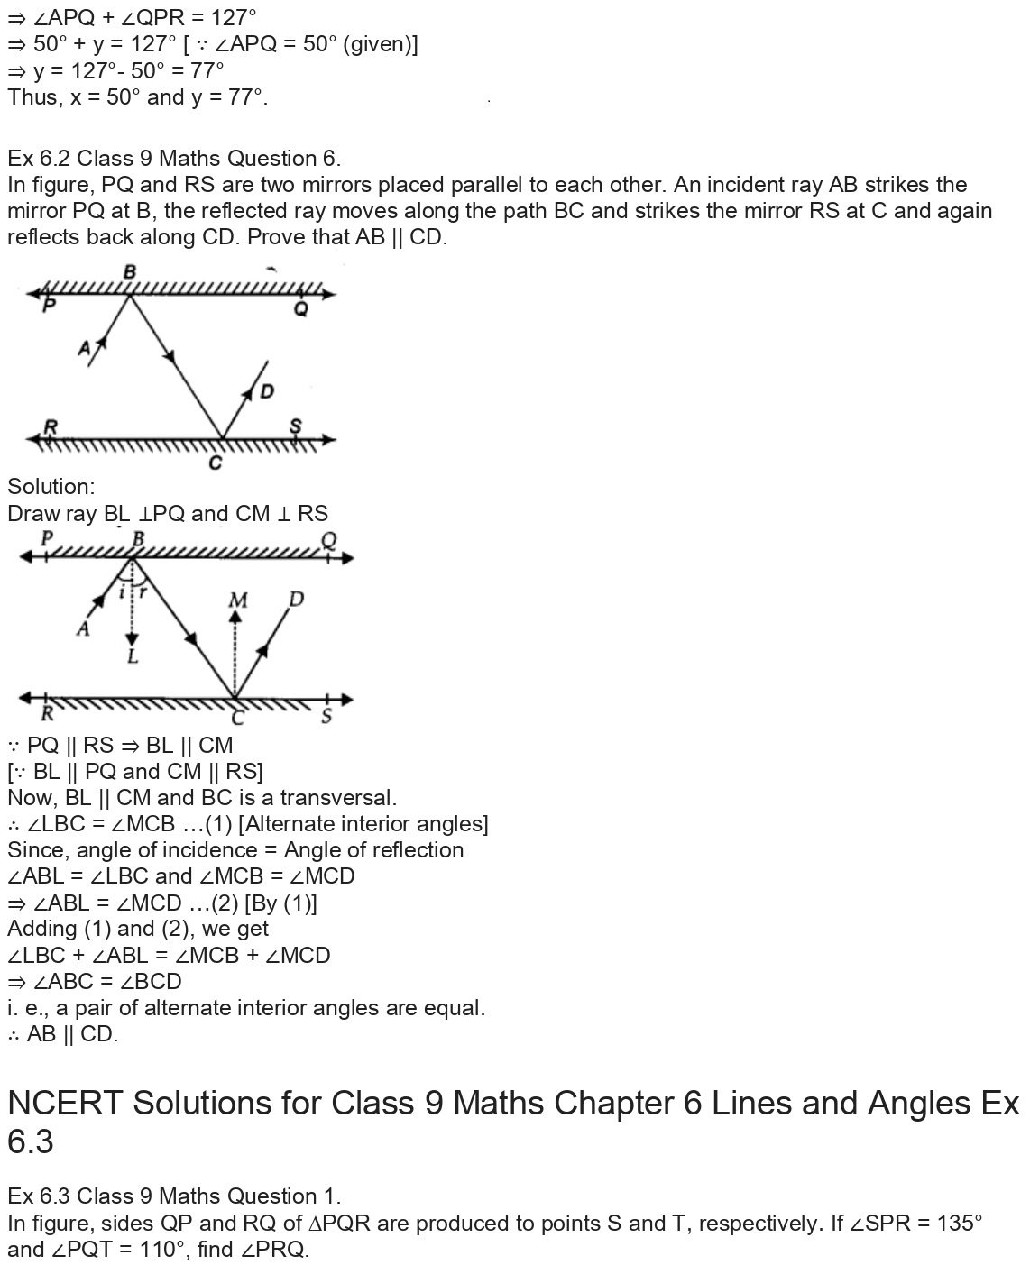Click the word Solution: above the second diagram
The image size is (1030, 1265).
pyautogui.click(x=51, y=487)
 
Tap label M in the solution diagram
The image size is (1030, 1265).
pyautogui.click(x=238, y=600)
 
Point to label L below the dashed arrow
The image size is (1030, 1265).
pyautogui.click(x=133, y=656)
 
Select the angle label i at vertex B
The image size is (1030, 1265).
pyautogui.click(x=123, y=592)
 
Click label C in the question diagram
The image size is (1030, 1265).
pyautogui.click(x=216, y=463)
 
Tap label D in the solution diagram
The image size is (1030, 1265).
pyautogui.click(x=295, y=599)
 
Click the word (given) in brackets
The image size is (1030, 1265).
pyautogui.click(x=380, y=44)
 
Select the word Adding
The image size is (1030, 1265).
pyautogui.click(x=41, y=929)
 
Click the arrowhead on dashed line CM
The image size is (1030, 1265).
pyautogui.click(x=236, y=618)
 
